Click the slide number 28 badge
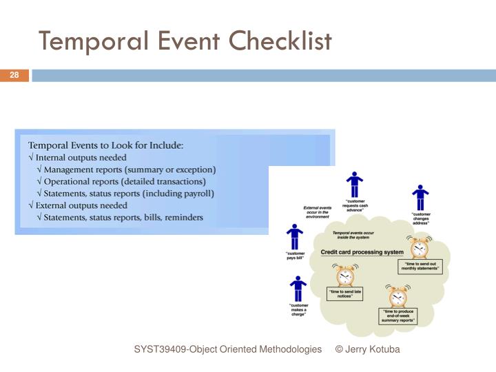point(14,75)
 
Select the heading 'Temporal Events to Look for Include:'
point(105,145)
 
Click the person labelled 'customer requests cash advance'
point(354,185)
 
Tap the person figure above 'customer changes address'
point(420,197)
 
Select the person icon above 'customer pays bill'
point(295,236)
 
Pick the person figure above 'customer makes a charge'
point(298,289)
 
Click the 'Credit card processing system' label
point(362,253)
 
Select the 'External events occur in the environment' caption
point(318,211)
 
